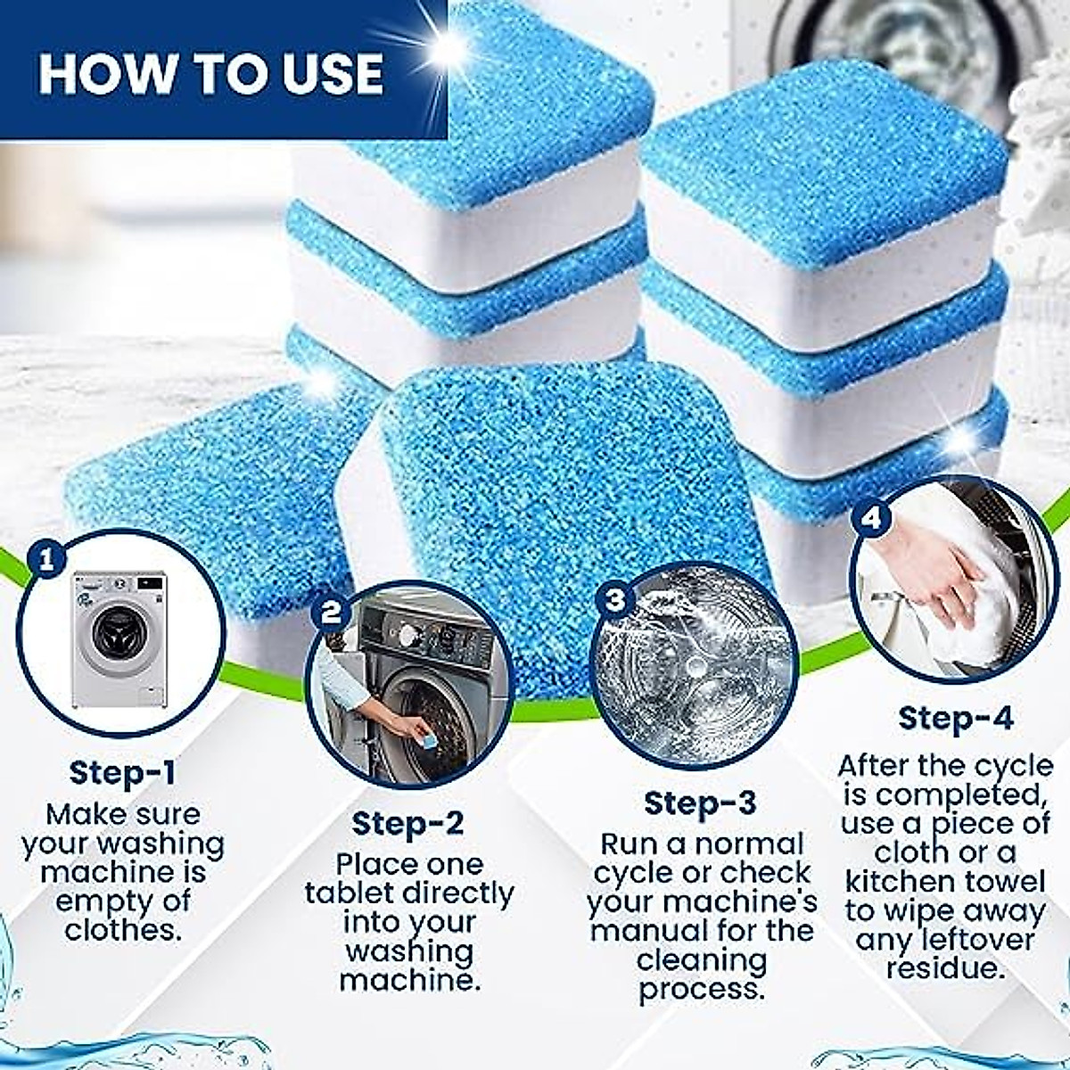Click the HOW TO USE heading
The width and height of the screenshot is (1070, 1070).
(x=211, y=73)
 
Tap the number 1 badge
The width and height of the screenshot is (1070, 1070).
(x=46, y=559)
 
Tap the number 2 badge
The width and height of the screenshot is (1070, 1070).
(x=331, y=612)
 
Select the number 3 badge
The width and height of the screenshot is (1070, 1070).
(x=614, y=599)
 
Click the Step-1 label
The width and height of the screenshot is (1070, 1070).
(x=122, y=772)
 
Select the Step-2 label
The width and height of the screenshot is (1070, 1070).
(x=407, y=823)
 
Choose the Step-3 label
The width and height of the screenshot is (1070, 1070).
(x=700, y=802)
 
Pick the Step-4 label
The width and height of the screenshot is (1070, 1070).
(x=955, y=718)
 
